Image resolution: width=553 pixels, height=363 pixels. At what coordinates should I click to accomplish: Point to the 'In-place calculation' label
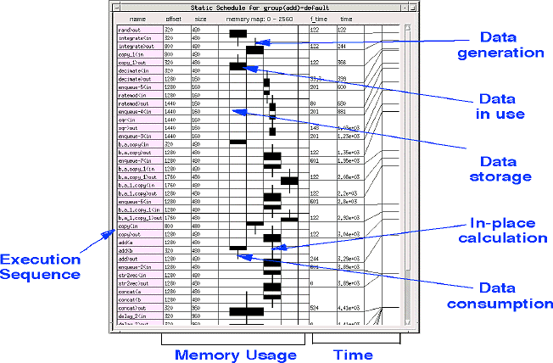coord(508,230)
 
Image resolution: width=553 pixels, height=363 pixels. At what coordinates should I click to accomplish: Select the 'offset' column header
coord(173,18)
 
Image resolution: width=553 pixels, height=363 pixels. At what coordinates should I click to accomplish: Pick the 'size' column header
coord(200,18)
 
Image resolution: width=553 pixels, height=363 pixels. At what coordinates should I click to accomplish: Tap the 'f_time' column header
coord(318,18)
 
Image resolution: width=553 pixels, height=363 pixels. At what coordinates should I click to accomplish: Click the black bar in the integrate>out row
coord(254,49)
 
